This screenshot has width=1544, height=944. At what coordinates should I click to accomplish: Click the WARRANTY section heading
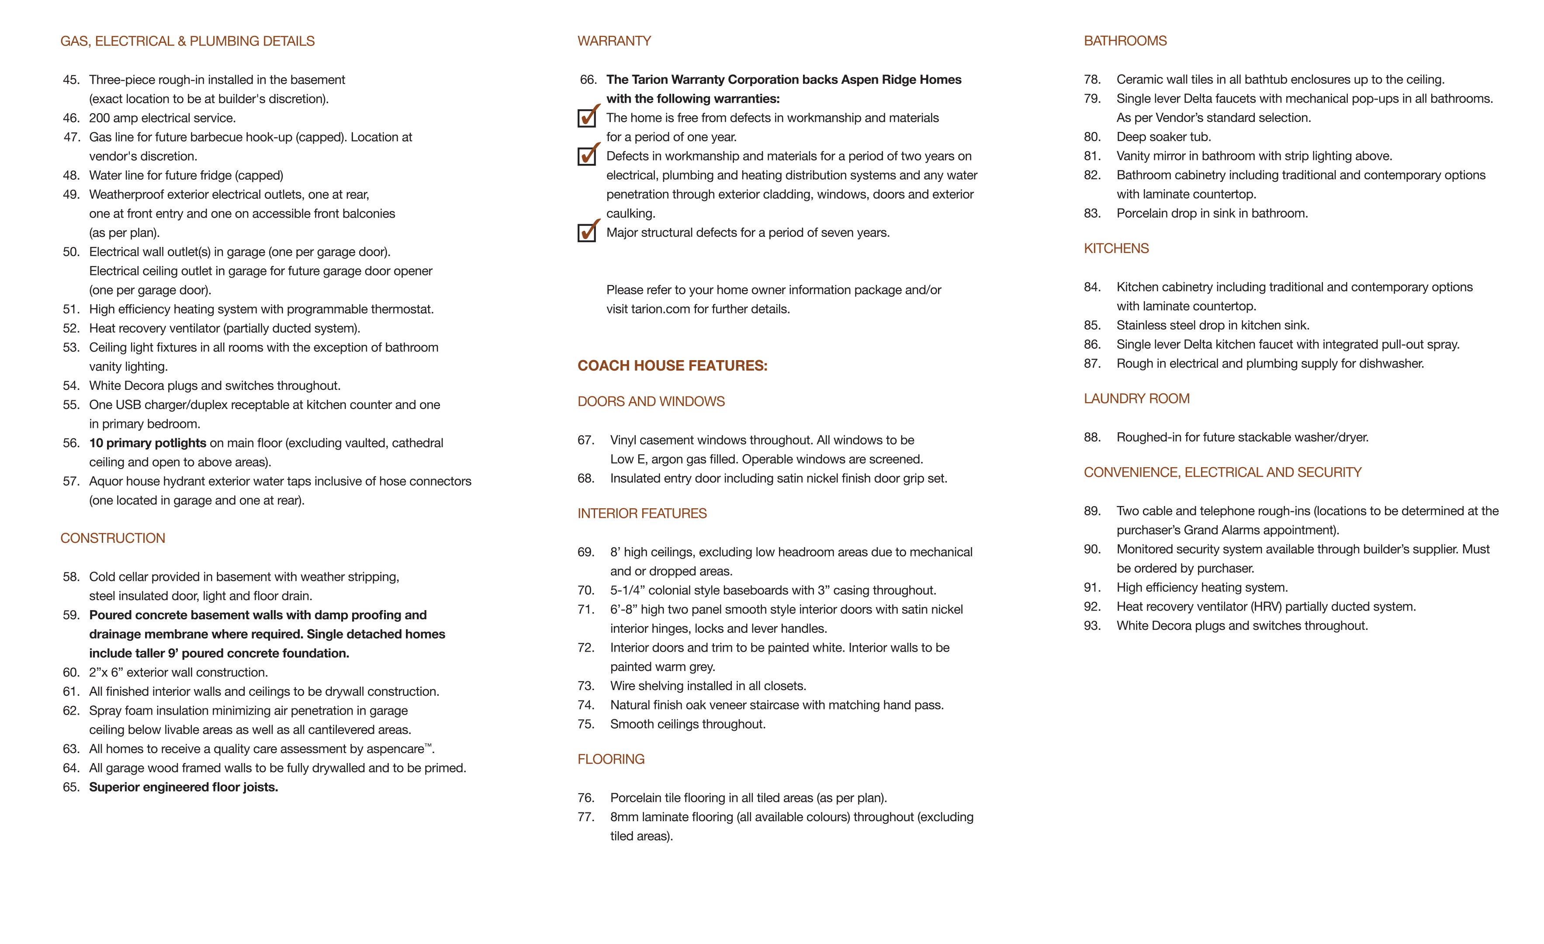pyautogui.click(x=614, y=42)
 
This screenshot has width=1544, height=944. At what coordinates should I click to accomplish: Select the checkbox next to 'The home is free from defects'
pyautogui.click(x=586, y=118)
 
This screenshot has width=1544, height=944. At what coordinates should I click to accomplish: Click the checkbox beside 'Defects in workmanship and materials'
pyautogui.click(x=586, y=156)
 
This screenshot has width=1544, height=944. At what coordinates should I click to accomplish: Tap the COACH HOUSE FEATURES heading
pyautogui.click(x=672, y=366)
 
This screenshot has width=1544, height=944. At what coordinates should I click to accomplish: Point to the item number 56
pyautogui.click(x=72, y=443)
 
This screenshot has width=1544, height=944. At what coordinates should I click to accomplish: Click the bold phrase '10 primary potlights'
pyautogui.click(x=147, y=443)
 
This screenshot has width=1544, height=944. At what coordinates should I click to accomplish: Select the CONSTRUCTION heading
pyautogui.click(x=113, y=538)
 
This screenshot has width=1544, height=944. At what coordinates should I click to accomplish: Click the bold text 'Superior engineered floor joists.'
pyautogui.click(x=183, y=787)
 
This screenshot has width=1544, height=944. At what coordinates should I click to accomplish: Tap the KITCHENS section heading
pyautogui.click(x=1116, y=249)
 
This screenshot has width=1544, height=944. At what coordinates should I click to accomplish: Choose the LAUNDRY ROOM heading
pyautogui.click(x=1136, y=399)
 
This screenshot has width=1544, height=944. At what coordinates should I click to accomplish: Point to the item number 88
pyautogui.click(x=1092, y=437)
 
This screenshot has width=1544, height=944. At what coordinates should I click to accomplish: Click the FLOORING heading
pyautogui.click(x=611, y=760)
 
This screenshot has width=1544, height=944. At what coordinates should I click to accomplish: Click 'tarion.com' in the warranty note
pyautogui.click(x=661, y=309)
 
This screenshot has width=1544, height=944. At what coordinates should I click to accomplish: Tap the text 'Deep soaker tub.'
pyautogui.click(x=1163, y=137)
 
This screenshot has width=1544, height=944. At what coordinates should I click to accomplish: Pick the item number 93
pyautogui.click(x=1092, y=626)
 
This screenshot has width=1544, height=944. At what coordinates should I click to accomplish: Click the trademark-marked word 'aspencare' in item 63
pyautogui.click(x=395, y=749)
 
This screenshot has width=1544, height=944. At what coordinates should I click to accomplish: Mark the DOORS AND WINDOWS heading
pyautogui.click(x=651, y=402)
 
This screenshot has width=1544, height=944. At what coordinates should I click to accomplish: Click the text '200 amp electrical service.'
pyautogui.click(x=162, y=118)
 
